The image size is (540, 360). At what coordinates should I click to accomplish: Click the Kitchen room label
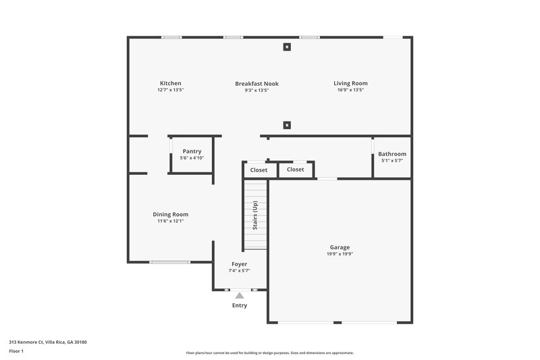tap(170, 83)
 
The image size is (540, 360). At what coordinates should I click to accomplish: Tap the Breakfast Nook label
tap(256, 83)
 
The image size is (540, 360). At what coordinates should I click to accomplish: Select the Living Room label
tap(350, 83)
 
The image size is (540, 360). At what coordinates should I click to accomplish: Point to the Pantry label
tap(192, 151)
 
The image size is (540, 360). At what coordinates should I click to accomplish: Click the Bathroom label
tap(392, 154)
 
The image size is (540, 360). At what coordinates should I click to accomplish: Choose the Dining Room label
tap(170, 214)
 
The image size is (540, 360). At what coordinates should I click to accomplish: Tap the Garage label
tap(340, 247)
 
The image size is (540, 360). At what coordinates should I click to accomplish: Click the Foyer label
tap(239, 263)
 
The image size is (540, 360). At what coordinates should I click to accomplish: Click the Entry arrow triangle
tap(239, 295)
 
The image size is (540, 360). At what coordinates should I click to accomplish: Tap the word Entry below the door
tap(239, 305)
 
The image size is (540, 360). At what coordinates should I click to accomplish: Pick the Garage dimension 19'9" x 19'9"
tap(340, 255)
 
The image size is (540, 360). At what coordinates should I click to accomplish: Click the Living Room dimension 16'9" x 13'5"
tap(350, 90)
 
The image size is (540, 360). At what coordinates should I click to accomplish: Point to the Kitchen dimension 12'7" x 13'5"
tap(170, 90)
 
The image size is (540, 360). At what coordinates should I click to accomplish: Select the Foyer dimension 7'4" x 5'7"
tap(239, 270)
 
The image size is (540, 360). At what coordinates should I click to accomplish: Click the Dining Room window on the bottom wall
tap(170, 262)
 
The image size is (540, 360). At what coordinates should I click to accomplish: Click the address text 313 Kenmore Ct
tap(47, 342)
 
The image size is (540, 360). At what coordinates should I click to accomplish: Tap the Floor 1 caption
tap(16, 351)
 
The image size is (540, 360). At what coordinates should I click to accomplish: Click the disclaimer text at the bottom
tap(269, 353)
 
